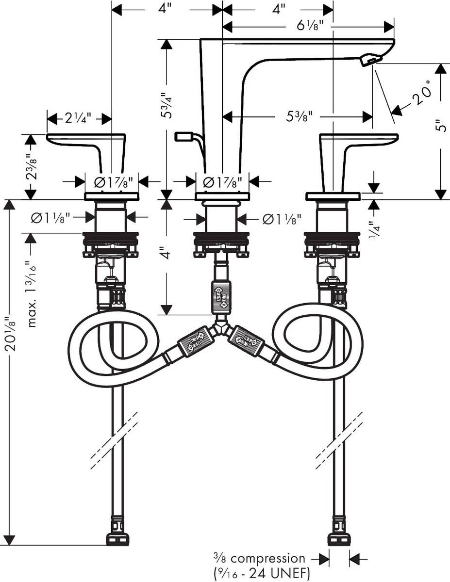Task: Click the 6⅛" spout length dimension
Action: pos(308,26)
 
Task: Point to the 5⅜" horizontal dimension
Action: pos(297,116)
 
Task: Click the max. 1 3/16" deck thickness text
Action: pos(32,287)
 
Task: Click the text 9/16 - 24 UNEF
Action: pos(262,573)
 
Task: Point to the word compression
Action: pos(274,558)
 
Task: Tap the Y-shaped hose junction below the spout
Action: pos(221,329)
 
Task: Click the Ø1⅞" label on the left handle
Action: pos(112,182)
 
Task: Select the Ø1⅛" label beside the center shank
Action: pos(282,219)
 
